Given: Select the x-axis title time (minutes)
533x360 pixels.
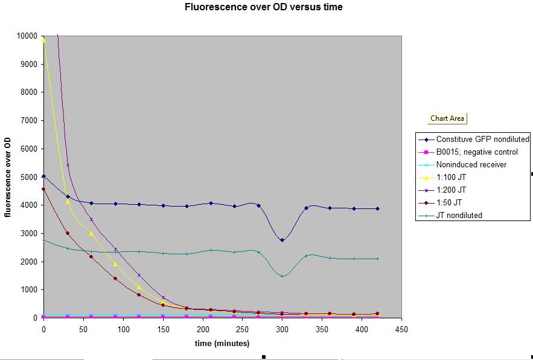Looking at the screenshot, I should click(x=222, y=343).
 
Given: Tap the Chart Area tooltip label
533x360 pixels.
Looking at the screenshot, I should click(x=447, y=118).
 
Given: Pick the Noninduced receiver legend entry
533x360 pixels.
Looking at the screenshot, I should click(x=471, y=164).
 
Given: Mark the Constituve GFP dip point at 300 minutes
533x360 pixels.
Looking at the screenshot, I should click(x=282, y=240).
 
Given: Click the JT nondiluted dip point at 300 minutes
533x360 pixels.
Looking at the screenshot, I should click(x=282, y=276).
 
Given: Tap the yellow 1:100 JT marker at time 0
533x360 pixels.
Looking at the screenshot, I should click(x=43, y=40).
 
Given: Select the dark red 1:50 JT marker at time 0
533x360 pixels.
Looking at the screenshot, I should click(x=43, y=189).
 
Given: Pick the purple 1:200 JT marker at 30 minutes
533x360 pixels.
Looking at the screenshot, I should click(x=68, y=165).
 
